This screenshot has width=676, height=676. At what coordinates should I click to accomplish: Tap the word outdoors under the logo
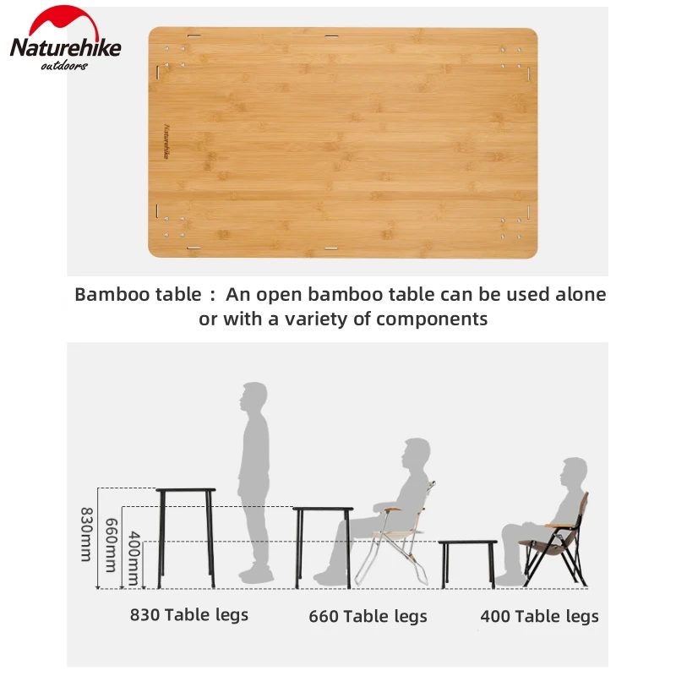point(64,66)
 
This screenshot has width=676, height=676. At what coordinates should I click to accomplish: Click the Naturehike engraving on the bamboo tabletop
point(166,142)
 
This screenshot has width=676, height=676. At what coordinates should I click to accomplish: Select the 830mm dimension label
point(87,534)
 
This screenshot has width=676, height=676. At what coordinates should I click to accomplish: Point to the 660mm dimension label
point(112,545)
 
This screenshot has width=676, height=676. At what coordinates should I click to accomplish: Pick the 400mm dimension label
point(134,558)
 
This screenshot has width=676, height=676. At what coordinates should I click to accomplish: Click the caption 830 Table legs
point(189,615)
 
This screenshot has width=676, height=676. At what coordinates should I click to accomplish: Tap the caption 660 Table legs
point(368,616)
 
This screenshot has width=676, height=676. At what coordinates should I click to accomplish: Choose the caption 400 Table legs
point(539,616)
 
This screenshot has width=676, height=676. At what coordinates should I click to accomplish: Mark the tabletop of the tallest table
point(186,490)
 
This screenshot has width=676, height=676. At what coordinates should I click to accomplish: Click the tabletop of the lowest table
point(468,542)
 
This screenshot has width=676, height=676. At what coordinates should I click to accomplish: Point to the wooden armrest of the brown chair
point(559,526)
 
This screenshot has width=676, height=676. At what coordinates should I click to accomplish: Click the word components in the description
point(432,320)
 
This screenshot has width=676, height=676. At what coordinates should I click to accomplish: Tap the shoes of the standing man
point(256,575)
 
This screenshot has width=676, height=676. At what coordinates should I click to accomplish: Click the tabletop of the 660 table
point(323,510)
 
